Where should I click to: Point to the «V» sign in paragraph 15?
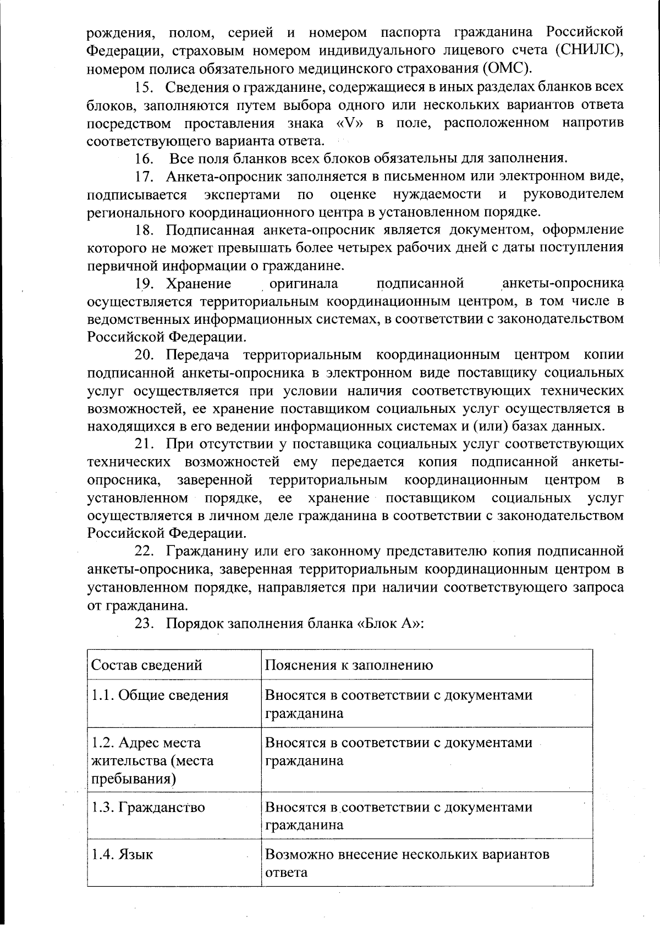(x=350, y=123)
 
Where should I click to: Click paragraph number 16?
(x=144, y=159)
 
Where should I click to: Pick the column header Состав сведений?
(x=146, y=665)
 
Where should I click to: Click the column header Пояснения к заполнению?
(x=349, y=665)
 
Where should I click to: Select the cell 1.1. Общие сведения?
(x=159, y=695)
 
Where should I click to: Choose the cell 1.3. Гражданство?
(x=148, y=808)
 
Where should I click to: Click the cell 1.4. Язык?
(x=122, y=855)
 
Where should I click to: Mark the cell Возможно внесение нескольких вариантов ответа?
(x=407, y=863)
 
